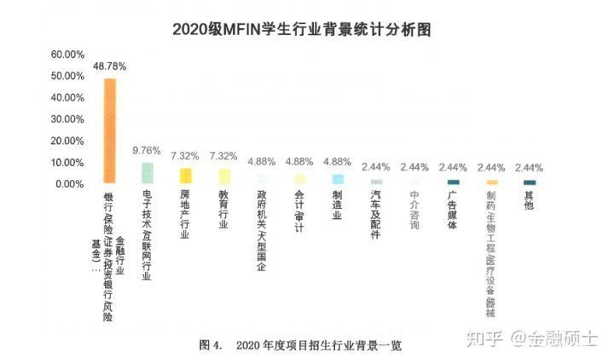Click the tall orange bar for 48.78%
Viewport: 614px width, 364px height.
pyautogui.click(x=110, y=130)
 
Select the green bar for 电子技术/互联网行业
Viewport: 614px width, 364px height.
pyautogui.click(x=148, y=173)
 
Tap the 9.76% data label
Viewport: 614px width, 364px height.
pyautogui.click(x=147, y=151)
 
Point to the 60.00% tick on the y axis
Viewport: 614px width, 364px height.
pyautogui.click(x=68, y=55)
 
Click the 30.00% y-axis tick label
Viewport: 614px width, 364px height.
pyautogui.click(x=68, y=119)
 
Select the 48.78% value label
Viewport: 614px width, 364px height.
pyautogui.click(x=111, y=66)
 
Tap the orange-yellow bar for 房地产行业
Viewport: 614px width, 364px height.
pyautogui.click(x=185, y=176)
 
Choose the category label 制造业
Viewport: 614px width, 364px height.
pyautogui.click(x=337, y=205)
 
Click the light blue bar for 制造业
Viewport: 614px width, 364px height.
pyautogui.click(x=338, y=179)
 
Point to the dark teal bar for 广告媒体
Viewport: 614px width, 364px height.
pyautogui.click(x=453, y=182)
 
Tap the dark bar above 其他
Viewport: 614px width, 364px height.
pyautogui.click(x=530, y=182)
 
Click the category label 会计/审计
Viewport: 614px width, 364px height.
pyautogui.click(x=299, y=211)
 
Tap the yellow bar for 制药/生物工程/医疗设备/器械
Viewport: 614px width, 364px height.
pyautogui.click(x=492, y=182)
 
